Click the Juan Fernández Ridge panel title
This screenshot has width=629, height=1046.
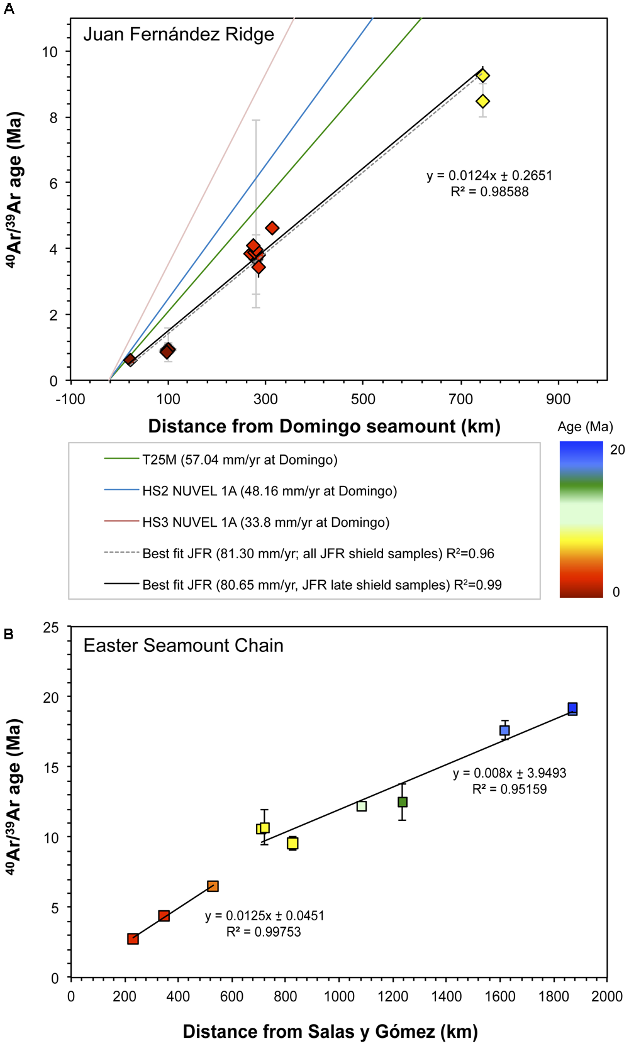179,34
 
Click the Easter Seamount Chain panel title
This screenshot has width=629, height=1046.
183,646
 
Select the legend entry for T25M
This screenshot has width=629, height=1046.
239,460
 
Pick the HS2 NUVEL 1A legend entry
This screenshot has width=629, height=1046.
269,491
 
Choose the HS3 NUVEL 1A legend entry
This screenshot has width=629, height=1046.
265,522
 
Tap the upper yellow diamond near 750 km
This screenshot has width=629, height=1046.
482,75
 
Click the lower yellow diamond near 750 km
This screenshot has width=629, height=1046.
482,101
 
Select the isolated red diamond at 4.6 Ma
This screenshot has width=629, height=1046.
272,228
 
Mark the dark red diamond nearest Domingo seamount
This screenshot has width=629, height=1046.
130,360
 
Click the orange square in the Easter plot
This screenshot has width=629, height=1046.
213,886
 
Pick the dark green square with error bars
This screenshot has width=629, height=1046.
403,802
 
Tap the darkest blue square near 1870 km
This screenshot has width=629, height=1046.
572,708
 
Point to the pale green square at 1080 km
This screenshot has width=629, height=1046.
362,806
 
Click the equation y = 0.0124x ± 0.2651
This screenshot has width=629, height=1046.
489,175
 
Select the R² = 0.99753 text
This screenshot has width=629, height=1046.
264,932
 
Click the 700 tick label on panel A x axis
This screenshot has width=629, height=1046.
460,399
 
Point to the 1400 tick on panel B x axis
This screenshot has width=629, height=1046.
447,996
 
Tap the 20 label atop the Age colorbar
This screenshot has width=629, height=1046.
618,449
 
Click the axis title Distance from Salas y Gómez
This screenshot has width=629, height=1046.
330,1032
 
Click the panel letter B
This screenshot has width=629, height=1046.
9,634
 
